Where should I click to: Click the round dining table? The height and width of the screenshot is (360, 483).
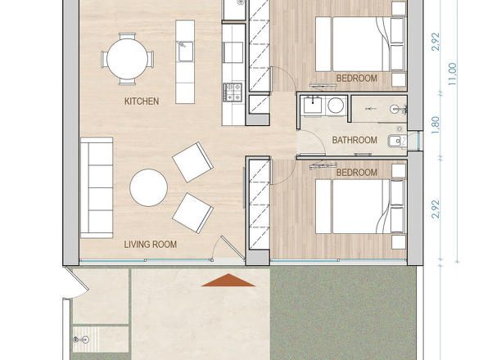click(x=127, y=59)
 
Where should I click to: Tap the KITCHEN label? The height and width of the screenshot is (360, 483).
click(x=141, y=101)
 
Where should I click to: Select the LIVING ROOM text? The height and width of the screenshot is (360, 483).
click(x=150, y=245)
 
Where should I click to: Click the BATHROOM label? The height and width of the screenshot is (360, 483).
click(x=354, y=141)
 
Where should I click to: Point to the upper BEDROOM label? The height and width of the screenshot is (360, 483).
click(x=356, y=79)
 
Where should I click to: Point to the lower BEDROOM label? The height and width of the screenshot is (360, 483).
click(x=356, y=173)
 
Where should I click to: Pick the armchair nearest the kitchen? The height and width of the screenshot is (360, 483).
click(x=192, y=161)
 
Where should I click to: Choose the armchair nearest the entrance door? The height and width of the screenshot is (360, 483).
click(x=192, y=212)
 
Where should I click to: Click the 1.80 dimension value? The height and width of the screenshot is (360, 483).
click(x=436, y=125)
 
